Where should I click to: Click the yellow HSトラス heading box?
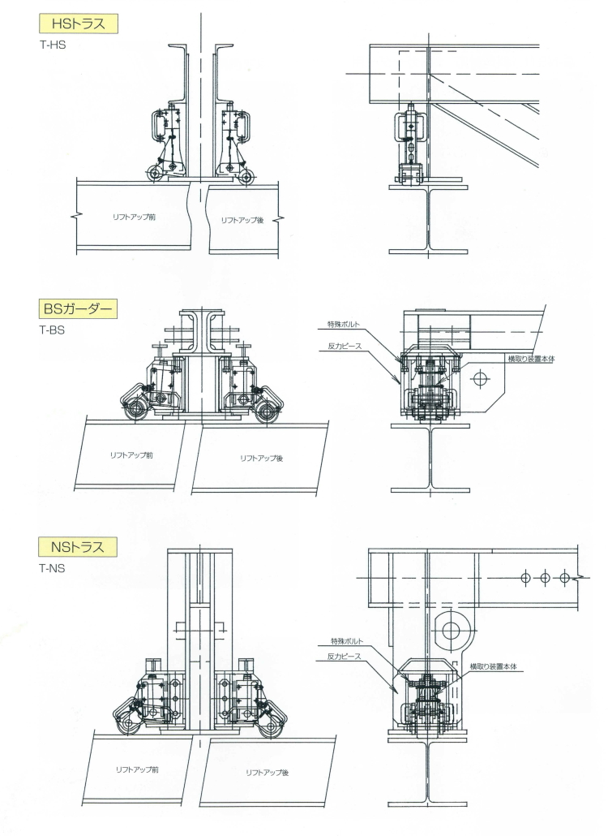coord(79,24)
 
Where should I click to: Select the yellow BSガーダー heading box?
coord(79,308)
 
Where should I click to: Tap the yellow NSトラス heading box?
coord(79,547)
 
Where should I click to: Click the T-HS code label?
coord(53,45)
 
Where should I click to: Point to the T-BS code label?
coord(52,330)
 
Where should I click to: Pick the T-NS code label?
coord(52,568)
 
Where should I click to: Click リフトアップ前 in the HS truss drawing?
coord(134,217)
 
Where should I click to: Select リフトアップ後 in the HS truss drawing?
coord(242,220)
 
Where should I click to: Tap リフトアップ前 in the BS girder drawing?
coord(131,455)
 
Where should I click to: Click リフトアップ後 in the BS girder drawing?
coord(261,458)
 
